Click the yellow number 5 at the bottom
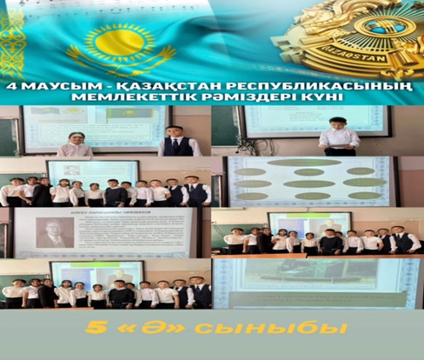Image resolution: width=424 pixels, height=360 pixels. (90, 330)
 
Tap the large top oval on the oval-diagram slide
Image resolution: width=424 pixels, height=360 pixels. (305, 162)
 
